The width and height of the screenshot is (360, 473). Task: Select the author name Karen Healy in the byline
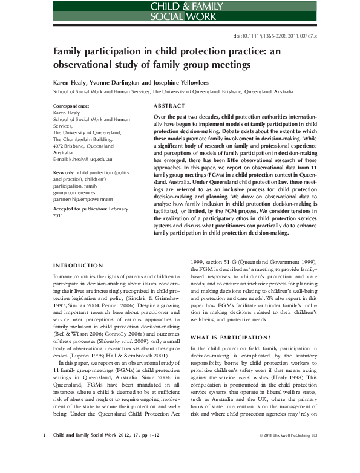(71, 81)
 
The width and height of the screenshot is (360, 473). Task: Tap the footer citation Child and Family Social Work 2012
(91, 452)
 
